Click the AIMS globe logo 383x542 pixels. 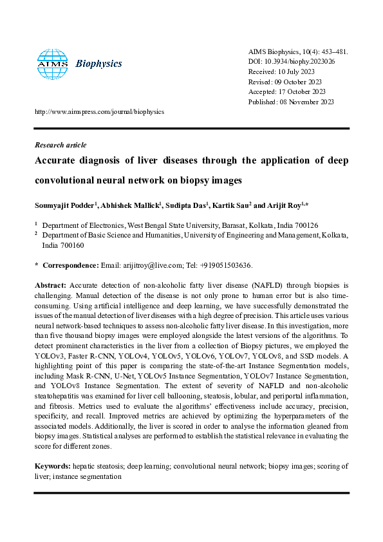(x=51, y=63)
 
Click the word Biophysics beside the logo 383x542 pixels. (x=98, y=64)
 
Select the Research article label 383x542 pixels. (x=61, y=145)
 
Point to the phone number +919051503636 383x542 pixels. (x=225, y=265)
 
